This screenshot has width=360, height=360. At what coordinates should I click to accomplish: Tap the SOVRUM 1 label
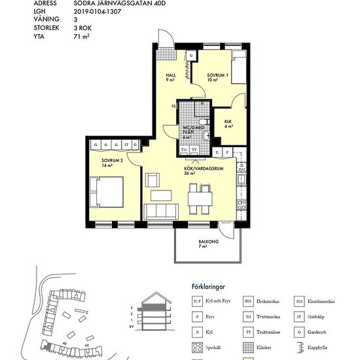[x=217, y=75]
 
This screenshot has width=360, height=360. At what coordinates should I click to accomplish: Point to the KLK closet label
[x=228, y=124]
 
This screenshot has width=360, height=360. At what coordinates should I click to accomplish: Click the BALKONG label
[x=207, y=243]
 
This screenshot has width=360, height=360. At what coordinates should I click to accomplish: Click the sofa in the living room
[x=161, y=211]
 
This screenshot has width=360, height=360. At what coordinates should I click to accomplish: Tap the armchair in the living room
[x=152, y=179]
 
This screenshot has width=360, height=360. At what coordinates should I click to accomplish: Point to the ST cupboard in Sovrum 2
[x=126, y=144]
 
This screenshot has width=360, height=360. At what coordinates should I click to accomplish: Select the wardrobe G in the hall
[x=190, y=57]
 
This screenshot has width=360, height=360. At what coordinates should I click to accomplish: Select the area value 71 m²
[x=81, y=37]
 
